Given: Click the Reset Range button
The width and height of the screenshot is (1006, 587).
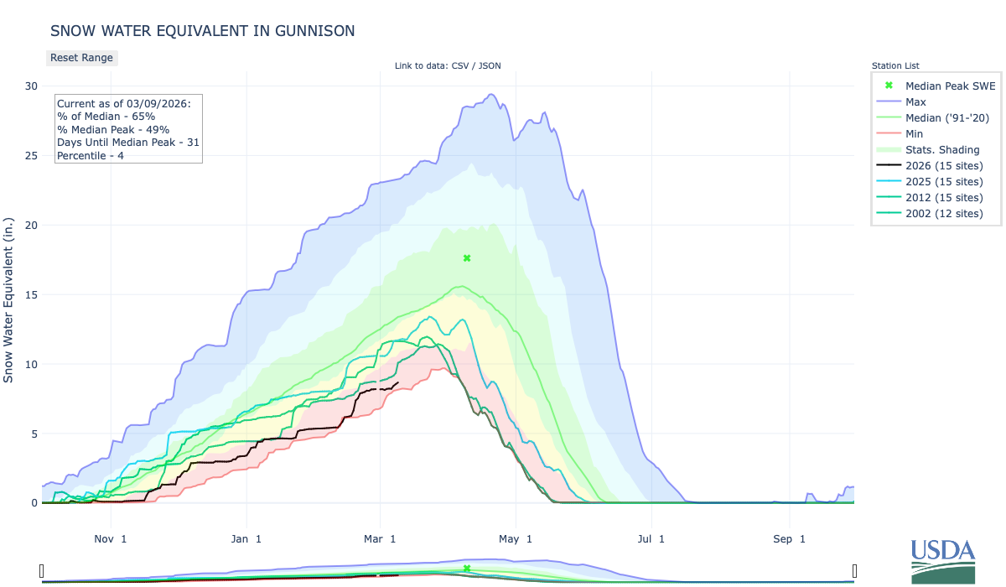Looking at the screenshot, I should (81, 58).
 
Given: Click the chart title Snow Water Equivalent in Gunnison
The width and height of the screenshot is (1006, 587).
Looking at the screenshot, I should (202, 31).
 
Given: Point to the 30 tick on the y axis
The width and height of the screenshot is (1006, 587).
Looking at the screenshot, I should (31, 86).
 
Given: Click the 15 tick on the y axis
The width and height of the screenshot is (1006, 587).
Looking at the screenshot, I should (31, 294).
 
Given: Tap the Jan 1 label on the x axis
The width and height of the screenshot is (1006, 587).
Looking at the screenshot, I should (246, 538).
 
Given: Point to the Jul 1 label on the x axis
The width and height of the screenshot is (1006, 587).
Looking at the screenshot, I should (651, 538).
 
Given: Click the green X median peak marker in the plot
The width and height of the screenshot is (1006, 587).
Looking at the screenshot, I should (467, 258).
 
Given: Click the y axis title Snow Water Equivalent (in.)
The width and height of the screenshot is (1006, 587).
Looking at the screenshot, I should (9, 294).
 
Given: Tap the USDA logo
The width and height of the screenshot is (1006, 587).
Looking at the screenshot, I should (943, 559).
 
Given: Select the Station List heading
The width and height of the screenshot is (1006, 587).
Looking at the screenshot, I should (895, 65).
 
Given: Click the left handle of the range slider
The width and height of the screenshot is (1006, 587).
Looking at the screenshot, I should (41, 571).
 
